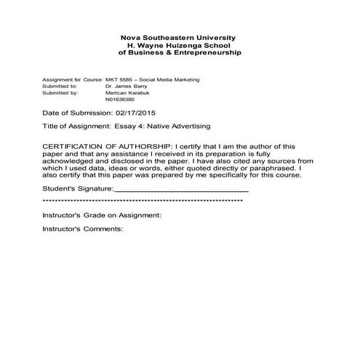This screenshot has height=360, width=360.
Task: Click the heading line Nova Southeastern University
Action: (x=179, y=37)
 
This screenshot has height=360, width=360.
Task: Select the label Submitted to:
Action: (x=60, y=87)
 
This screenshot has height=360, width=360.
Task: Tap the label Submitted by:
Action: (x=60, y=93)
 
